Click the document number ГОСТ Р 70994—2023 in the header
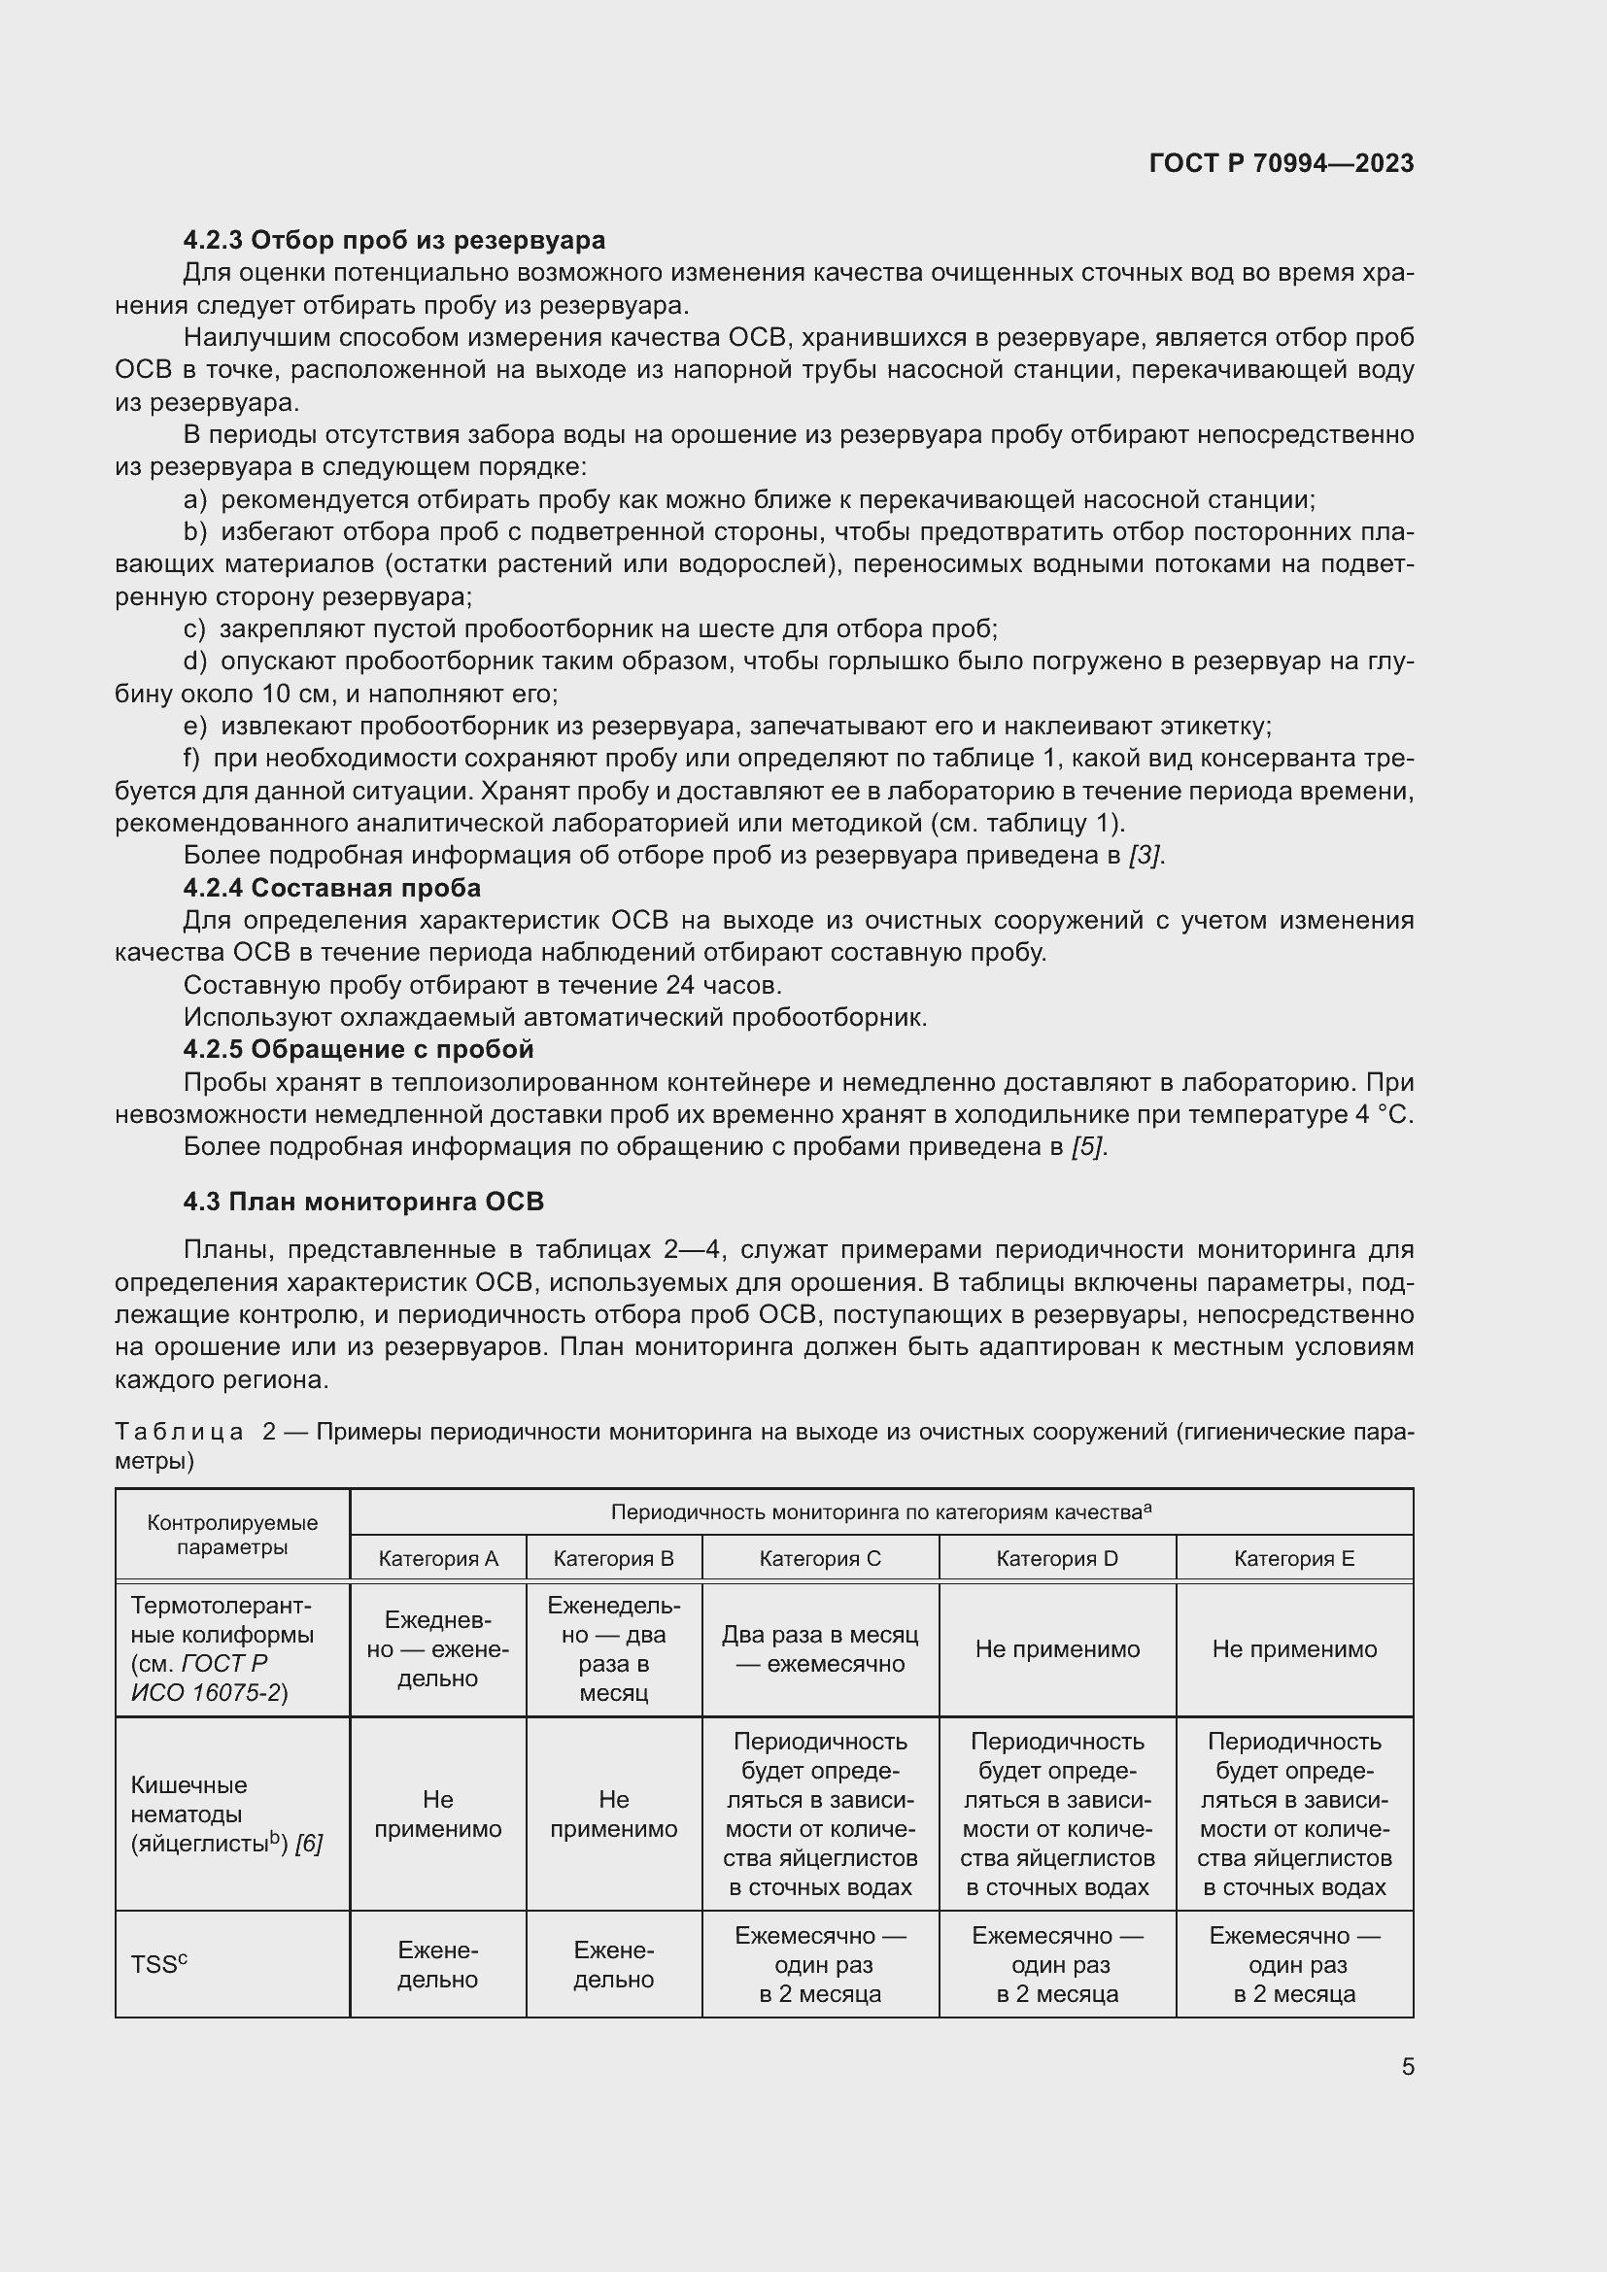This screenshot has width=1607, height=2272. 1281,163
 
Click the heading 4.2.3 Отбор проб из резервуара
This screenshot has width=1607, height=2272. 393,240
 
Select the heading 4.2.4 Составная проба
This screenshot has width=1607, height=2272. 331,888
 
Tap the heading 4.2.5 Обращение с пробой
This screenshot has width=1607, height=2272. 359,1049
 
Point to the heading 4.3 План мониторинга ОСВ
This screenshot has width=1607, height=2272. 363,1202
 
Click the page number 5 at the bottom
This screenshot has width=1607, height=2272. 1407,2067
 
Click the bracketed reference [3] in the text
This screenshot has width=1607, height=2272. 1145,855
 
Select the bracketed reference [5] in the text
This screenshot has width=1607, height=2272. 1088,1146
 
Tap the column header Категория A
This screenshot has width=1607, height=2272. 437,1558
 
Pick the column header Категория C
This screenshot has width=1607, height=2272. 819,1558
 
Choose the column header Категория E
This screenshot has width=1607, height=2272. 1293,1558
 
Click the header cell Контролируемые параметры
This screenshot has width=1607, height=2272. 231,1535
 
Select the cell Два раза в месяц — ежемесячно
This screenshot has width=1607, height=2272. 819,1648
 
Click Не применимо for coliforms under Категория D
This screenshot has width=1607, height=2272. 1057,1648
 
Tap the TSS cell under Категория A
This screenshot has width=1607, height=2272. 437,1964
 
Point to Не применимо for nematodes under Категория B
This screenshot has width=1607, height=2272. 613,1813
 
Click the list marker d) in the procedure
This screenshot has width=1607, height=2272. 195,661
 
